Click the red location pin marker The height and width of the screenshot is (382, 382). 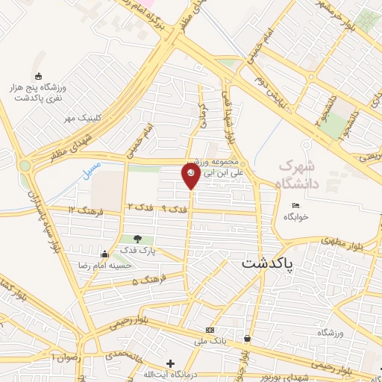tap(190, 175)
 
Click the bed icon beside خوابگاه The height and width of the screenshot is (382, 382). tap(297, 206)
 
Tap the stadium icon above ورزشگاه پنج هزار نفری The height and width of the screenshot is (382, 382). tap(38, 75)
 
